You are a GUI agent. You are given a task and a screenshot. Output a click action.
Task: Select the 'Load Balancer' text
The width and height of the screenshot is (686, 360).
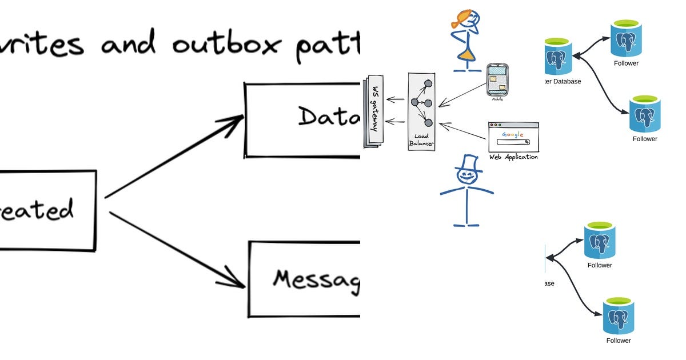tap(421, 140)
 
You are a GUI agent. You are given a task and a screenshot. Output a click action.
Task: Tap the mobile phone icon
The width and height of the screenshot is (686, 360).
tap(497, 80)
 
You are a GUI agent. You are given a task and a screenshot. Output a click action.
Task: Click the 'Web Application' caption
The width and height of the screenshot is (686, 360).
tap(513, 157)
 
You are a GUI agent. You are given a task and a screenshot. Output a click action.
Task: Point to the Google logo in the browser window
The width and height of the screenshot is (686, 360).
tap(513, 135)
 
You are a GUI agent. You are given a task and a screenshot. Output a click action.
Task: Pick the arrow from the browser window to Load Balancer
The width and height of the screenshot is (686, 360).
tap(463, 131)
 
